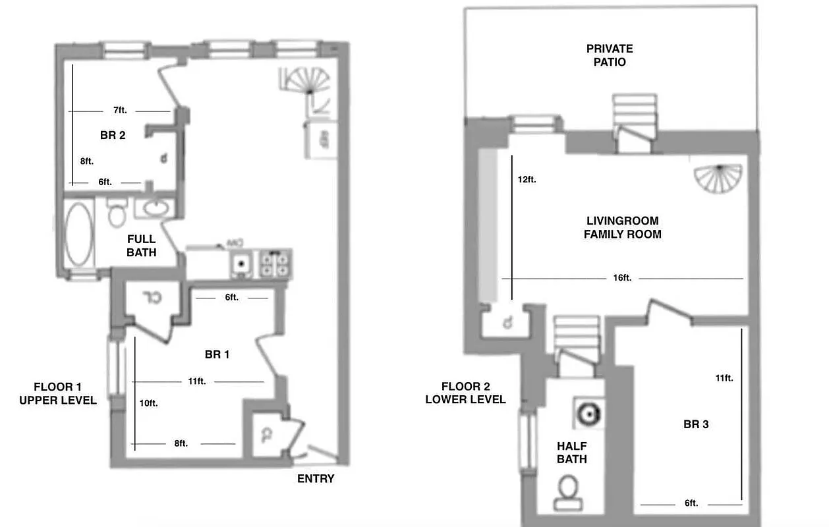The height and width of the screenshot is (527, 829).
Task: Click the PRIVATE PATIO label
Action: (609, 55)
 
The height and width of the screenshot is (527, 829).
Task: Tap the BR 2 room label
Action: (113, 136)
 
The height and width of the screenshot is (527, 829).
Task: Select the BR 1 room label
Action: (217, 354)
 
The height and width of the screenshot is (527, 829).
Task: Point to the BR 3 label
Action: (696, 424)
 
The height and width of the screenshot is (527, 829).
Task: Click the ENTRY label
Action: (316, 479)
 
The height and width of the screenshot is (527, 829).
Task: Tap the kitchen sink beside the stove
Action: (241, 264)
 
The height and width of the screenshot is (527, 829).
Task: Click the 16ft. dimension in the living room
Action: (622, 278)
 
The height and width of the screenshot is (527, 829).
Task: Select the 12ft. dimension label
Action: (527, 179)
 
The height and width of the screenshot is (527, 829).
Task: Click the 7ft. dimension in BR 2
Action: (119, 110)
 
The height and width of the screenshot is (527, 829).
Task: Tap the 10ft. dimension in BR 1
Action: (148, 403)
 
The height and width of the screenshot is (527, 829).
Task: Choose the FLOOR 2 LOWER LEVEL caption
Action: (465, 393)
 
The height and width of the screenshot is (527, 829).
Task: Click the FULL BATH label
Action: (141, 245)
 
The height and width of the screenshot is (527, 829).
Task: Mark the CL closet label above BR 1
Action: (153, 299)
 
